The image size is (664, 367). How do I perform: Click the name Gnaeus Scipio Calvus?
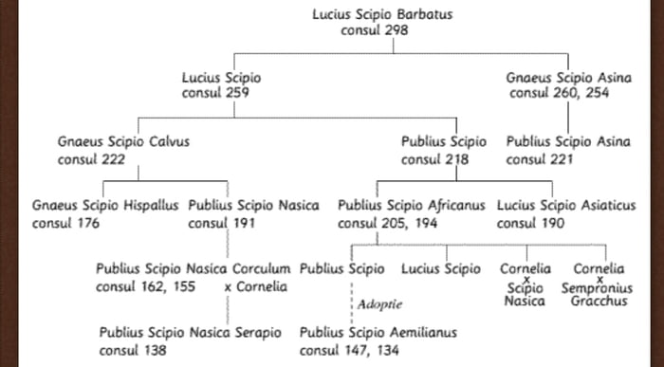[x=123, y=142]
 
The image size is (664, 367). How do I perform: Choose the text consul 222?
[x=92, y=158]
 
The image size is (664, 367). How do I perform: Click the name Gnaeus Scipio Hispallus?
[x=105, y=206]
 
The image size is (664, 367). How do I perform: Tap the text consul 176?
[x=65, y=223]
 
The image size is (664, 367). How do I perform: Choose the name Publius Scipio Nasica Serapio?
[x=194, y=334]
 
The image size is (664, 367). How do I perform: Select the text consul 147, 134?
[x=349, y=350]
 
